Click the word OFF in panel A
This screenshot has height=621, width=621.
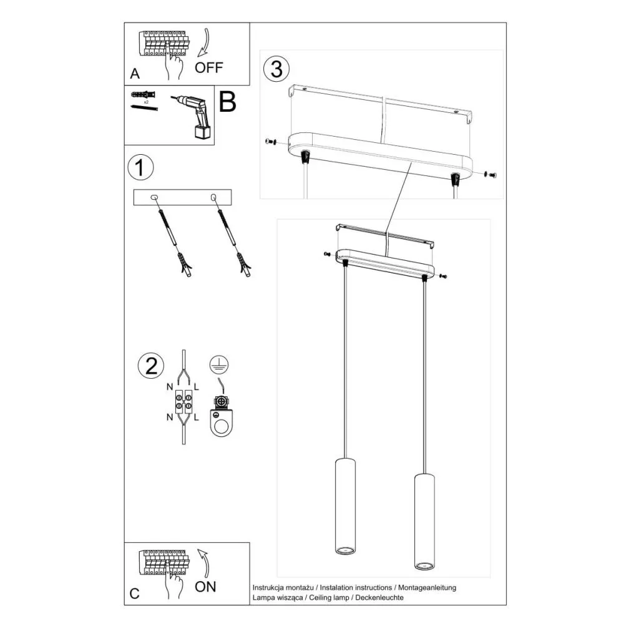[x=208, y=68]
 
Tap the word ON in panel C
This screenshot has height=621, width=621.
[x=205, y=586]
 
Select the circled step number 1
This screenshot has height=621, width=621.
[x=140, y=168]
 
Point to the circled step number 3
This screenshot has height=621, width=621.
[x=276, y=69]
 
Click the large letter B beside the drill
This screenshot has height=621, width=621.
[x=228, y=102]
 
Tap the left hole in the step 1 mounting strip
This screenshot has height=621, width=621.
[x=155, y=198]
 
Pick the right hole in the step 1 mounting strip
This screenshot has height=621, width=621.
[x=213, y=198]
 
